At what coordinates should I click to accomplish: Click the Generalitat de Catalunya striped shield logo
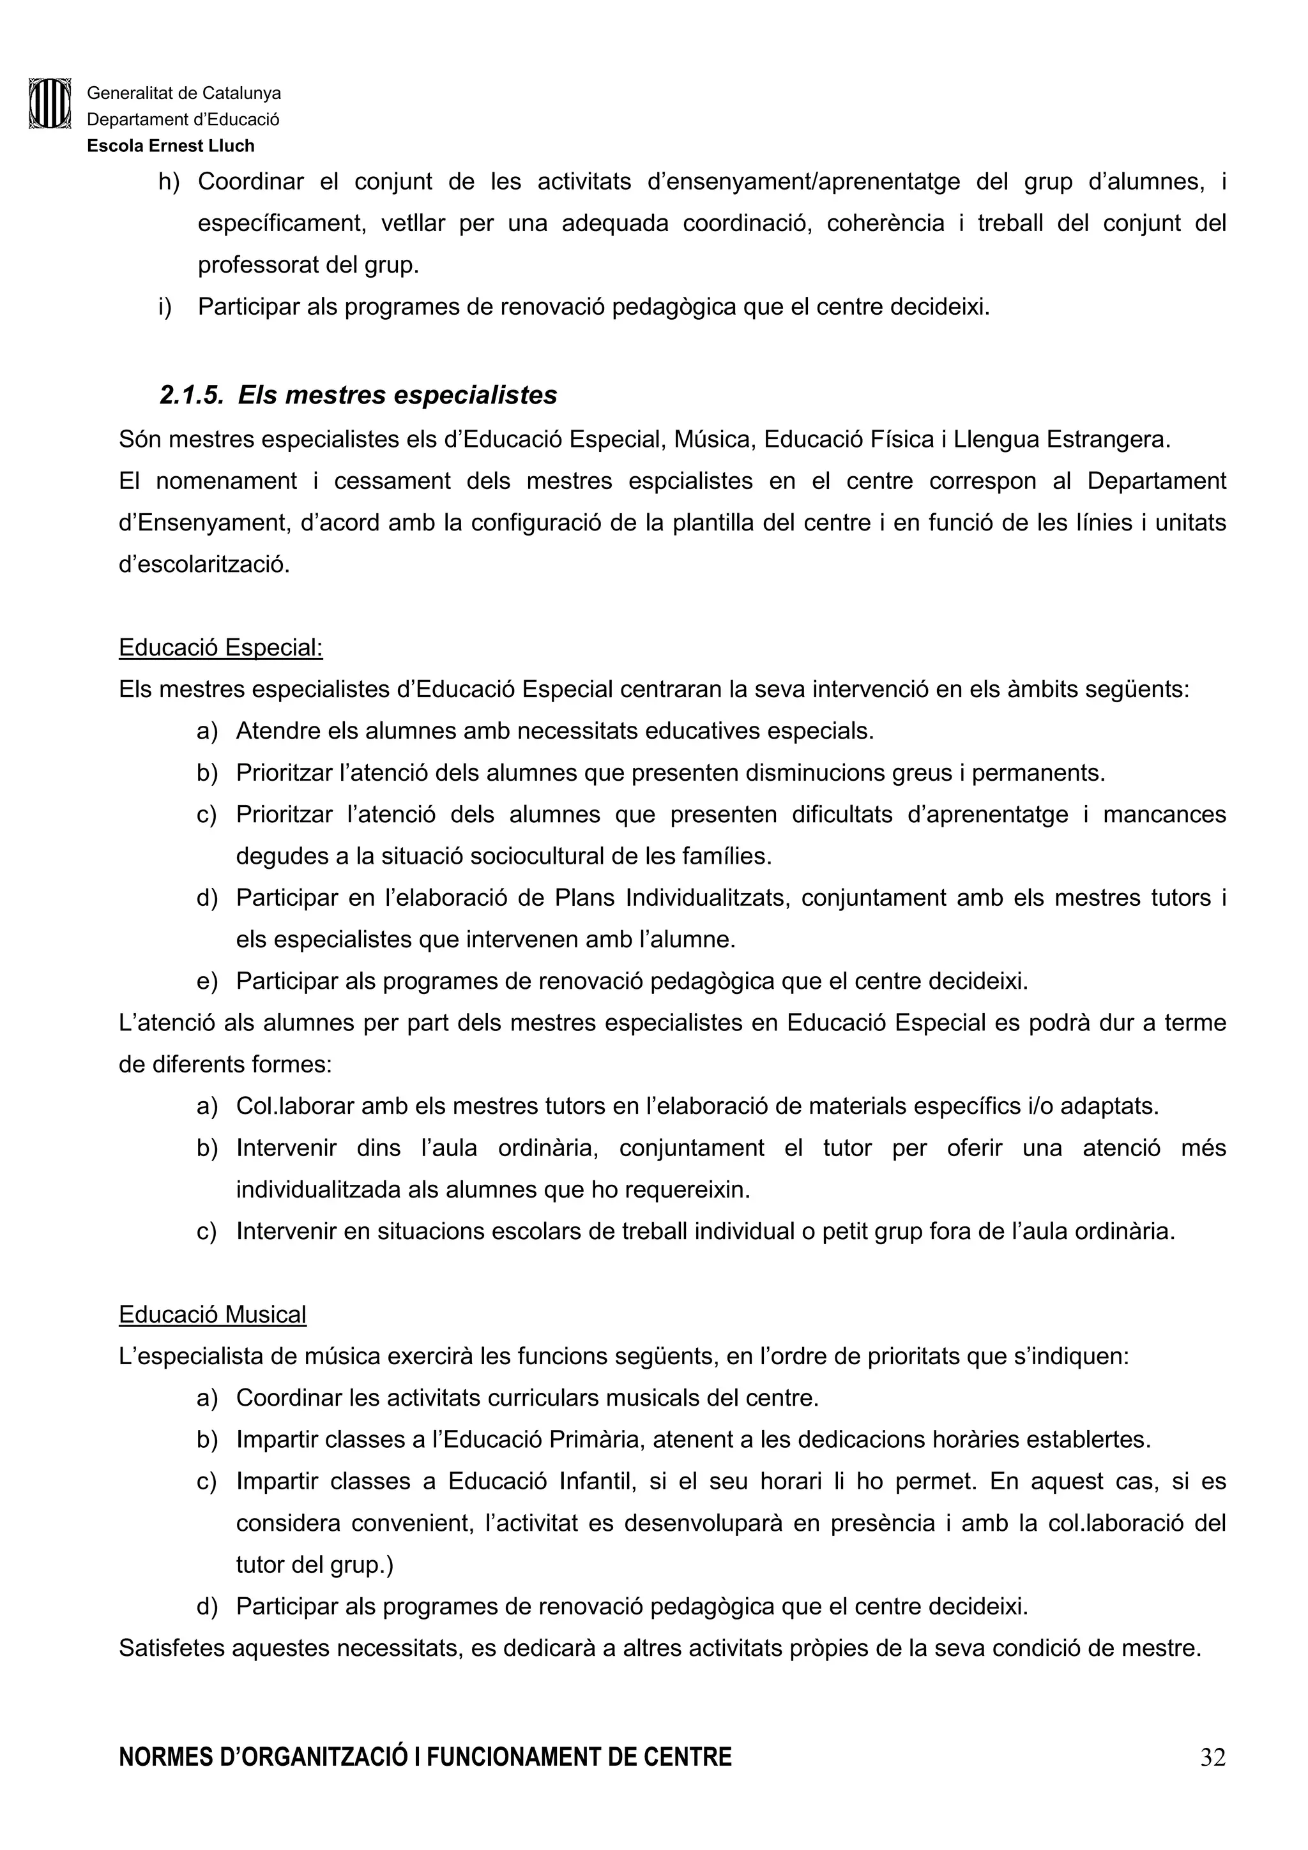[x=50, y=103]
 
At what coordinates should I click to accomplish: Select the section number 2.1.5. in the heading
[x=191, y=395]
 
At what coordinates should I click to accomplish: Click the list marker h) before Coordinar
[x=169, y=182]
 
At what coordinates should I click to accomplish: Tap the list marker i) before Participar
[x=165, y=307]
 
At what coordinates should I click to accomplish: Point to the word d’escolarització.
[x=204, y=564]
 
